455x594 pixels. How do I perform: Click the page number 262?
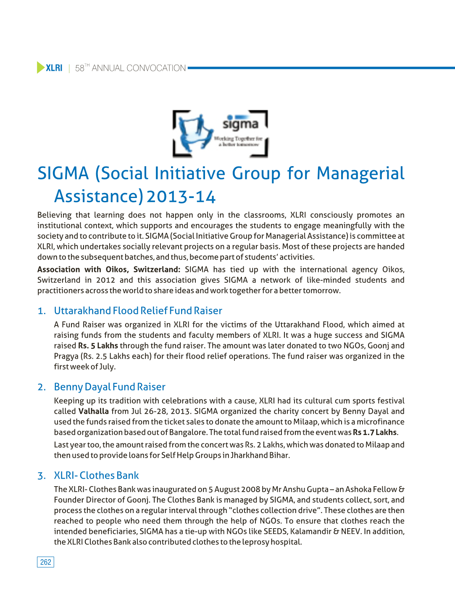coord(45,562)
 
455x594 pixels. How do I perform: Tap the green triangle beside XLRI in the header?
coord(40,68)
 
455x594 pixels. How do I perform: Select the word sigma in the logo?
coord(240,124)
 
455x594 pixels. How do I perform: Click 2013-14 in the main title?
coord(181,197)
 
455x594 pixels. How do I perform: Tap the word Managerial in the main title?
coord(360,173)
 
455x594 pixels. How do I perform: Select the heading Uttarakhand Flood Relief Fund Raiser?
coord(138,311)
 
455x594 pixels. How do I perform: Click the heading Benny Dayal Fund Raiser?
coord(110,387)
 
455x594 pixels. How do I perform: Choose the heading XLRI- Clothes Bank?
coord(96,475)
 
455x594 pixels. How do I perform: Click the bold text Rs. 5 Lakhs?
coord(98,346)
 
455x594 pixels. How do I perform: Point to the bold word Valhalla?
coord(93,411)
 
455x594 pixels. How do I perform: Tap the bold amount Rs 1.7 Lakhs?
coord(375,432)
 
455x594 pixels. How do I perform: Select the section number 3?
coord(41,476)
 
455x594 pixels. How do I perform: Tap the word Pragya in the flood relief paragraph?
coord(66,356)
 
